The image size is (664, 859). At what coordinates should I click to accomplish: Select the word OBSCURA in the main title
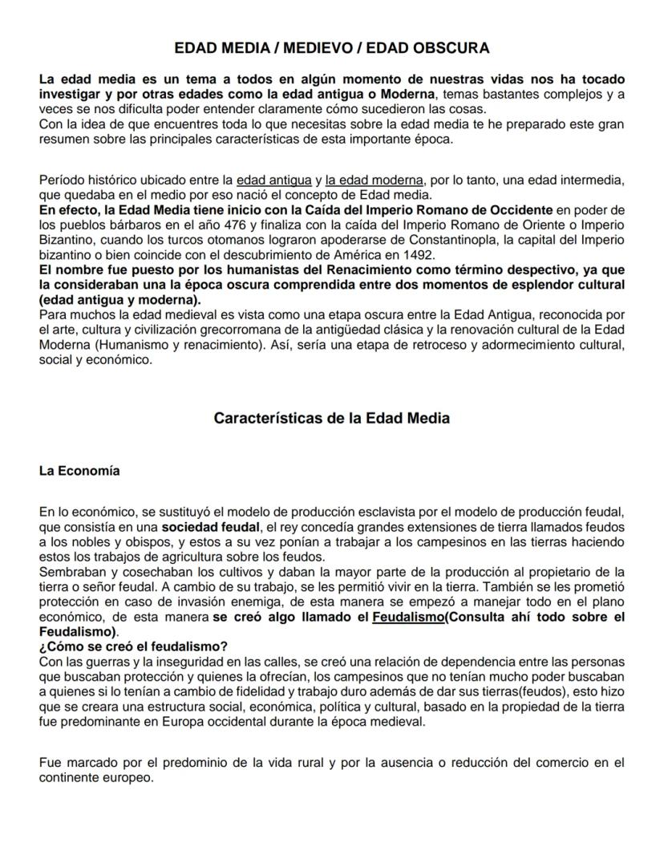[x=450, y=48]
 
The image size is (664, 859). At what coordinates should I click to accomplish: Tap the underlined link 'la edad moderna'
[x=374, y=180]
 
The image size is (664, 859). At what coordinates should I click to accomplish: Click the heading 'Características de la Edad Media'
[x=331, y=418]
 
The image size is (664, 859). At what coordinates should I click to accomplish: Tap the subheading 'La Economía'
[x=79, y=471]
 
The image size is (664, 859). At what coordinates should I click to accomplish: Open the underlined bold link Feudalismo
[x=409, y=617]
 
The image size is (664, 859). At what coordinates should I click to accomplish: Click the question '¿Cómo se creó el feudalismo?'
[x=133, y=647]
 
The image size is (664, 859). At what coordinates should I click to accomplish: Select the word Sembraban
[x=71, y=571]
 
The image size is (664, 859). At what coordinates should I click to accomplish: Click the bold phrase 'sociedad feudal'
[x=211, y=528]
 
